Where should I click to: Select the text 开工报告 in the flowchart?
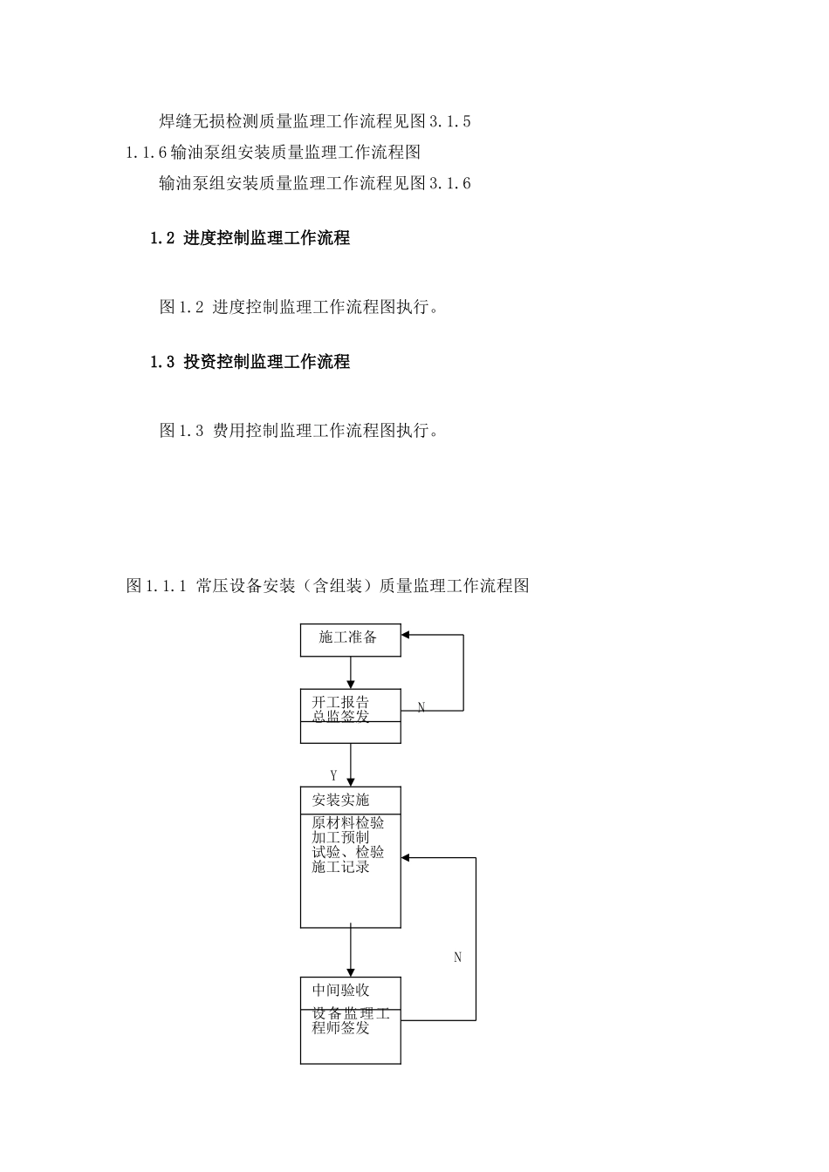(x=340, y=702)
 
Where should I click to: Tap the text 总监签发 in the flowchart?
(x=340, y=717)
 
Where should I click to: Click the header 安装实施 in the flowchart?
(x=340, y=800)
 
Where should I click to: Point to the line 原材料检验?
(x=347, y=822)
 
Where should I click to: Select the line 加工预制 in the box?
(x=340, y=837)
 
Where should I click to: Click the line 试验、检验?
(x=347, y=852)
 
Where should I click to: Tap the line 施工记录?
(x=340, y=867)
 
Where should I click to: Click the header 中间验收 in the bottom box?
(x=340, y=991)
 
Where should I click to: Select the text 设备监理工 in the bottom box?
(x=351, y=1014)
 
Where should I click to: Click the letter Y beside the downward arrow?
(x=333, y=775)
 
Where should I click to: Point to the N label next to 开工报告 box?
(x=421, y=708)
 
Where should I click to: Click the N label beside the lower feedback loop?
(x=457, y=957)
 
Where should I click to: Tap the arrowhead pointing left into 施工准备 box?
(x=407, y=635)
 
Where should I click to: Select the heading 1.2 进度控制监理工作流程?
(x=250, y=238)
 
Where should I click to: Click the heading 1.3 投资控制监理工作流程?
(x=250, y=362)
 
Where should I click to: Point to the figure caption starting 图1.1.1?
(x=328, y=586)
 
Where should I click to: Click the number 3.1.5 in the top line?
(x=450, y=121)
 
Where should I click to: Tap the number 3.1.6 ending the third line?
(x=450, y=183)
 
